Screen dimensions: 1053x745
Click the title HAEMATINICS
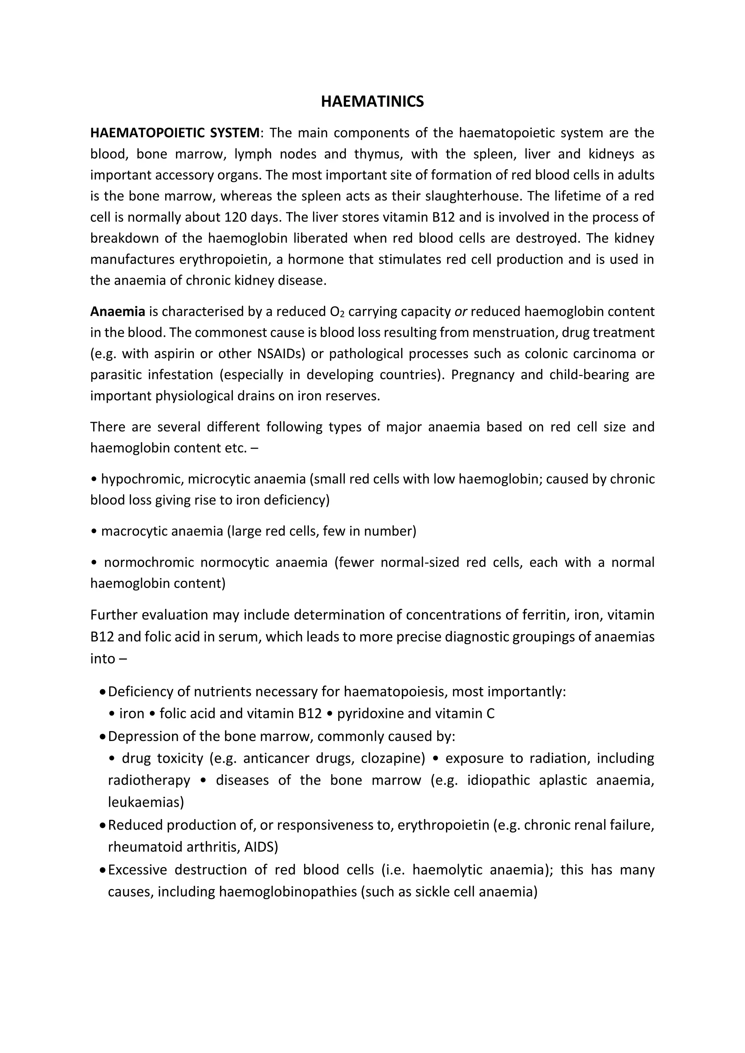tap(372, 101)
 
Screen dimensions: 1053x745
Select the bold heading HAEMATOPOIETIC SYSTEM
tap(175, 133)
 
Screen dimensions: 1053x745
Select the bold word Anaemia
tap(117, 312)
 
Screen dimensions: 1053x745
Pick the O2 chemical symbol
tap(337, 312)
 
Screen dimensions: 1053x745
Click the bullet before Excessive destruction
tap(102, 870)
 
